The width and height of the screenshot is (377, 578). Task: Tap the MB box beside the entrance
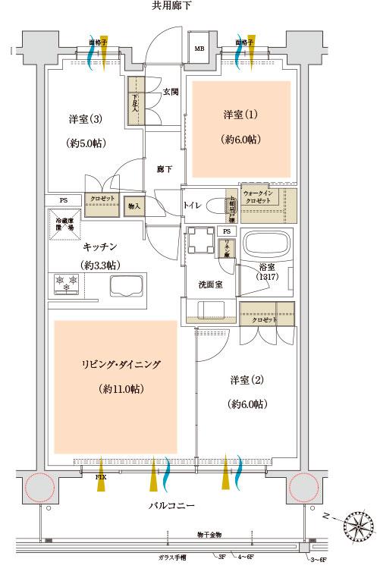click(199, 49)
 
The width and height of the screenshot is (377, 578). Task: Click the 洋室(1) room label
click(240, 115)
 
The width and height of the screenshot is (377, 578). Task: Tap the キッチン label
click(101, 247)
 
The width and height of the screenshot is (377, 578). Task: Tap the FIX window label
click(100, 478)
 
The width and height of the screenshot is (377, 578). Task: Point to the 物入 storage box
click(134, 206)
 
